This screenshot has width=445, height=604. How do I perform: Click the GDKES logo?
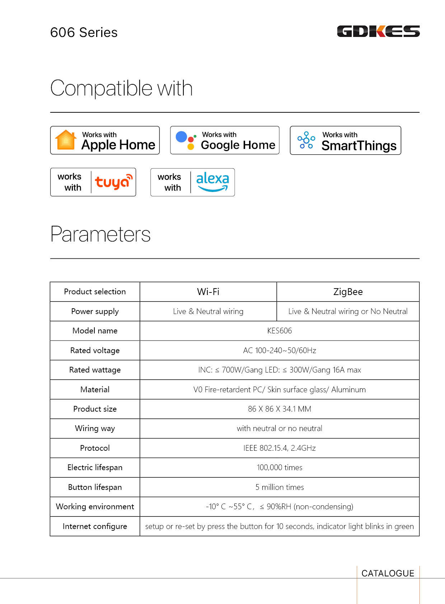click(x=378, y=31)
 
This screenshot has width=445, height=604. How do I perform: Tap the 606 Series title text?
click(x=84, y=32)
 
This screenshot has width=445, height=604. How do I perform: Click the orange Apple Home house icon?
click(x=66, y=140)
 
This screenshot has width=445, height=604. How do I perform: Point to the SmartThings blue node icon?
click(x=306, y=140)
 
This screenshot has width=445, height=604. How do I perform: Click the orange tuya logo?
click(x=113, y=182)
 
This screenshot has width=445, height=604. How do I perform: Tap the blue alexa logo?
click(x=212, y=182)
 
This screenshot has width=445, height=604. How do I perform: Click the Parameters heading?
click(x=100, y=234)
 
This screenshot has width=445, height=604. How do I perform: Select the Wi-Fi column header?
click(x=208, y=291)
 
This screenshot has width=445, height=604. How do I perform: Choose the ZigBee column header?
click(x=348, y=291)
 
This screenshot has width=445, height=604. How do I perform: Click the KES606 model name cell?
click(x=280, y=331)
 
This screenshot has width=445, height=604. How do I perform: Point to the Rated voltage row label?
click(x=95, y=350)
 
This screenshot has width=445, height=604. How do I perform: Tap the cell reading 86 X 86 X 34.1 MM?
click(x=280, y=409)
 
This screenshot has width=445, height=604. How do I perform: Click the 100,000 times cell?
click(x=280, y=467)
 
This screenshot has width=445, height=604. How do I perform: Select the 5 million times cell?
click(x=280, y=487)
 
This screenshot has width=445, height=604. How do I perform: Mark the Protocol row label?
click(x=95, y=448)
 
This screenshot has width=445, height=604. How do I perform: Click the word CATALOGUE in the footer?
click(x=388, y=573)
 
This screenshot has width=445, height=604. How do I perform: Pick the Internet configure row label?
click(x=95, y=526)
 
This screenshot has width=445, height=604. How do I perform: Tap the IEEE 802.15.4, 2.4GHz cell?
click(x=280, y=448)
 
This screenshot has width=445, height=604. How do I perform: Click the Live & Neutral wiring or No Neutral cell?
click(x=348, y=311)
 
